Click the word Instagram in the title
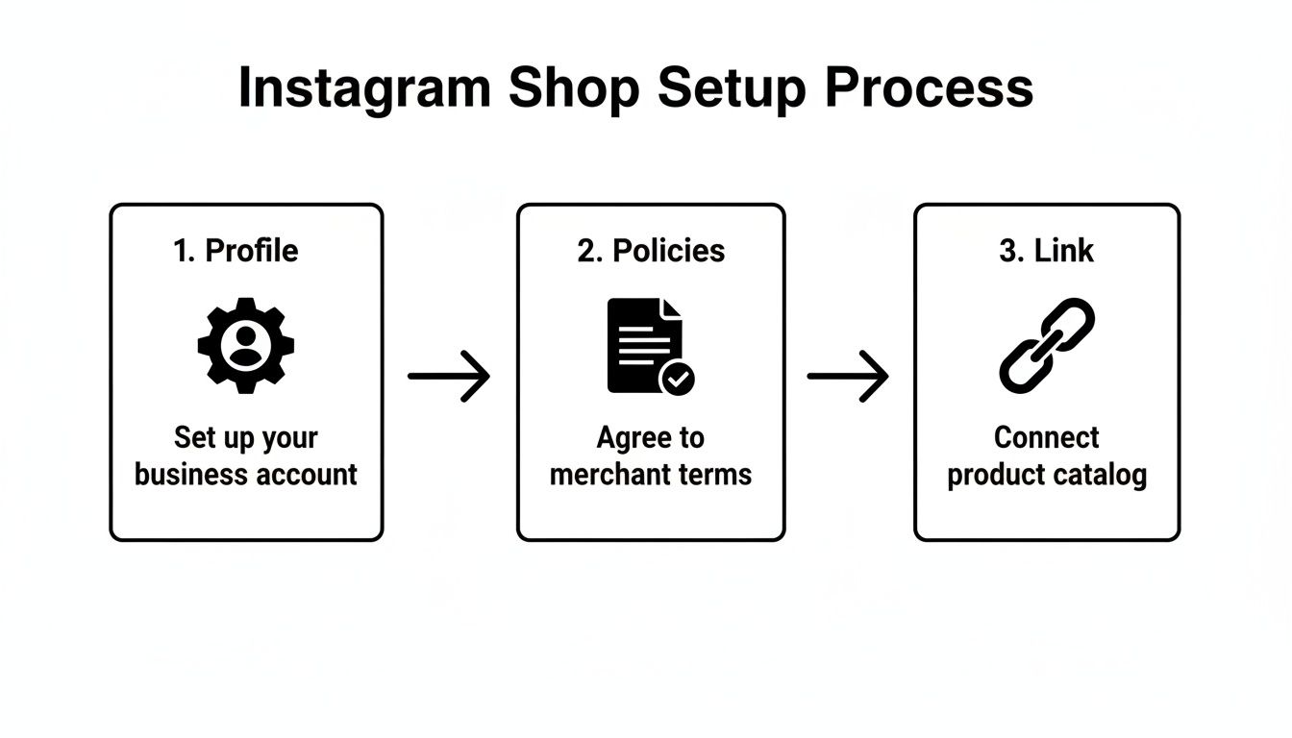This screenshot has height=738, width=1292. click(364, 88)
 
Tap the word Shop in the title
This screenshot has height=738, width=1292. click(574, 88)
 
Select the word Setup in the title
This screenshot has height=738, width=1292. click(732, 88)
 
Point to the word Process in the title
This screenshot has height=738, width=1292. click(929, 88)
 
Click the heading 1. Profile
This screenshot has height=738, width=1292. click(236, 251)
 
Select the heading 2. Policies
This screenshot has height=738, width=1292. click(650, 251)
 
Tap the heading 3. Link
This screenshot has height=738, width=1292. click(1046, 251)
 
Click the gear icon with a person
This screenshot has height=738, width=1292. click(246, 345)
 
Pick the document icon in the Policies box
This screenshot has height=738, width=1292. click(643, 344)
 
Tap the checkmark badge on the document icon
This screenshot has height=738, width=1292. click(678, 378)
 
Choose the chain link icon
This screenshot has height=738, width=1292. click(1047, 345)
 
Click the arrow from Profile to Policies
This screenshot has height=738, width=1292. click(449, 376)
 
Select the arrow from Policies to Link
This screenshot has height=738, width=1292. click(848, 376)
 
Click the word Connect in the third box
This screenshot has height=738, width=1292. click(1046, 438)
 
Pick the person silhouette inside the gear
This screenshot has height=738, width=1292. click(246, 347)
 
